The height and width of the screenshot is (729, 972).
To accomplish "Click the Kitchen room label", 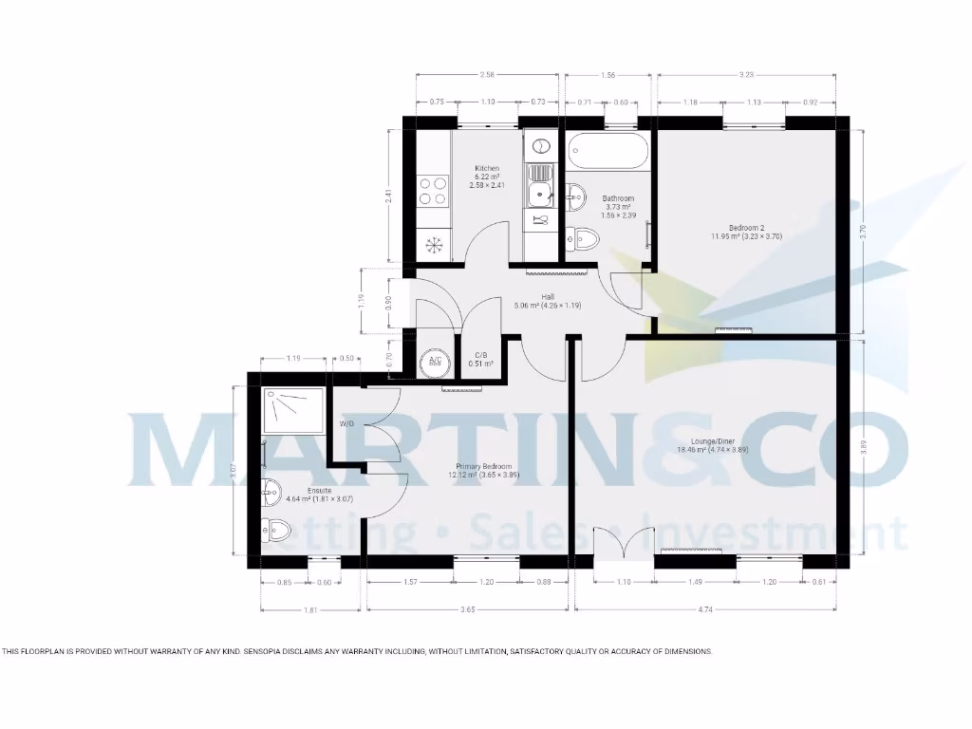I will click(x=487, y=169).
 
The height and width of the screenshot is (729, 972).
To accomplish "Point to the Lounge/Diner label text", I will click(x=713, y=441).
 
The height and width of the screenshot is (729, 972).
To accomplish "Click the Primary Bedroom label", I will click(x=484, y=467).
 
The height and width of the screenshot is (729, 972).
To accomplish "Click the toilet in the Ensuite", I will click(x=278, y=529).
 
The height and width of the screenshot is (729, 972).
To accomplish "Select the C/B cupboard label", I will click(x=480, y=355).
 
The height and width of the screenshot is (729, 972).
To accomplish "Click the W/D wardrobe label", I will click(x=346, y=423).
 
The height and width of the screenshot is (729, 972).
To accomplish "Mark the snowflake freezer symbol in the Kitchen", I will click(x=434, y=245).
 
